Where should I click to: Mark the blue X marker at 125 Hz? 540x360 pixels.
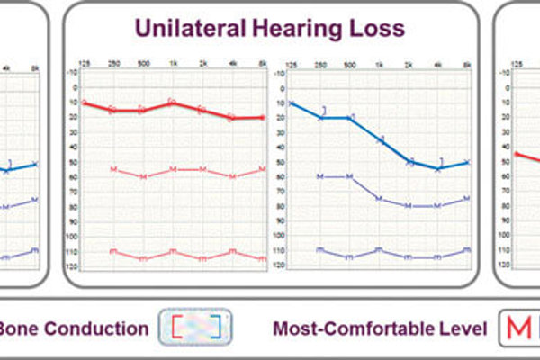292,103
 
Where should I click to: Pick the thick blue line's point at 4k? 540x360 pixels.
438,168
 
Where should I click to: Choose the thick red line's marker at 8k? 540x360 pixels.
262,118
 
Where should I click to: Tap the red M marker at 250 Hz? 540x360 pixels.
112,169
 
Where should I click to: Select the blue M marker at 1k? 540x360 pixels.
379,198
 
